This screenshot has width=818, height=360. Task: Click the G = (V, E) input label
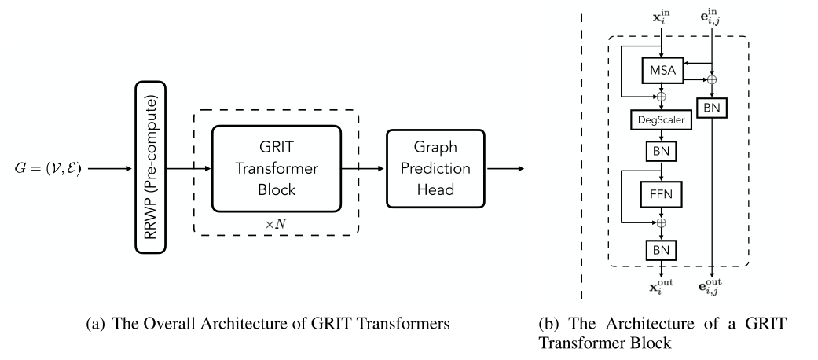(x=48, y=168)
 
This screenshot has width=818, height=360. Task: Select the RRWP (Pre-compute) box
(x=149, y=168)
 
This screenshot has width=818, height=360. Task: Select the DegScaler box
(x=661, y=119)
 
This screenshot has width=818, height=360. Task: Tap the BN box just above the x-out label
(x=661, y=250)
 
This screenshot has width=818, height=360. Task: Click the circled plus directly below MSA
(x=661, y=96)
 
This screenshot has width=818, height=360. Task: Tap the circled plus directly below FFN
(x=661, y=222)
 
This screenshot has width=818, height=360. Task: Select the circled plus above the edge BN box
(x=712, y=79)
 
